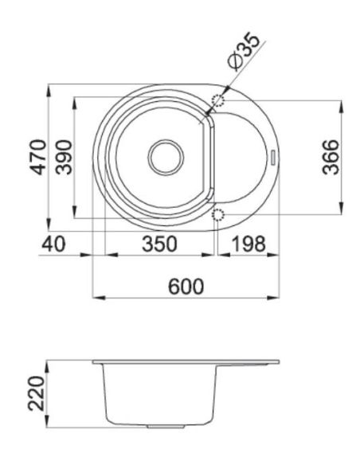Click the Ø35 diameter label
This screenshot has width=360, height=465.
(x=244, y=53)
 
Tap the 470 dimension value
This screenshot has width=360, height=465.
(x=39, y=157)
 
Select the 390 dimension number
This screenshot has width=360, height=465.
(x=64, y=157)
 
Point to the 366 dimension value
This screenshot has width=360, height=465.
(x=331, y=157)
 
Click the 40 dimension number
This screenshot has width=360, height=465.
(x=53, y=244)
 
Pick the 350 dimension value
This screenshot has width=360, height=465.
(x=159, y=244)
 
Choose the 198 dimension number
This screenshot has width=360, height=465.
(x=248, y=244)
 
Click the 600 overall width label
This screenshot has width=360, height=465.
(x=186, y=287)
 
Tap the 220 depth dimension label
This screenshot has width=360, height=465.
(x=36, y=393)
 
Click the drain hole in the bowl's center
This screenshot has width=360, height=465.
(x=166, y=157)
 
